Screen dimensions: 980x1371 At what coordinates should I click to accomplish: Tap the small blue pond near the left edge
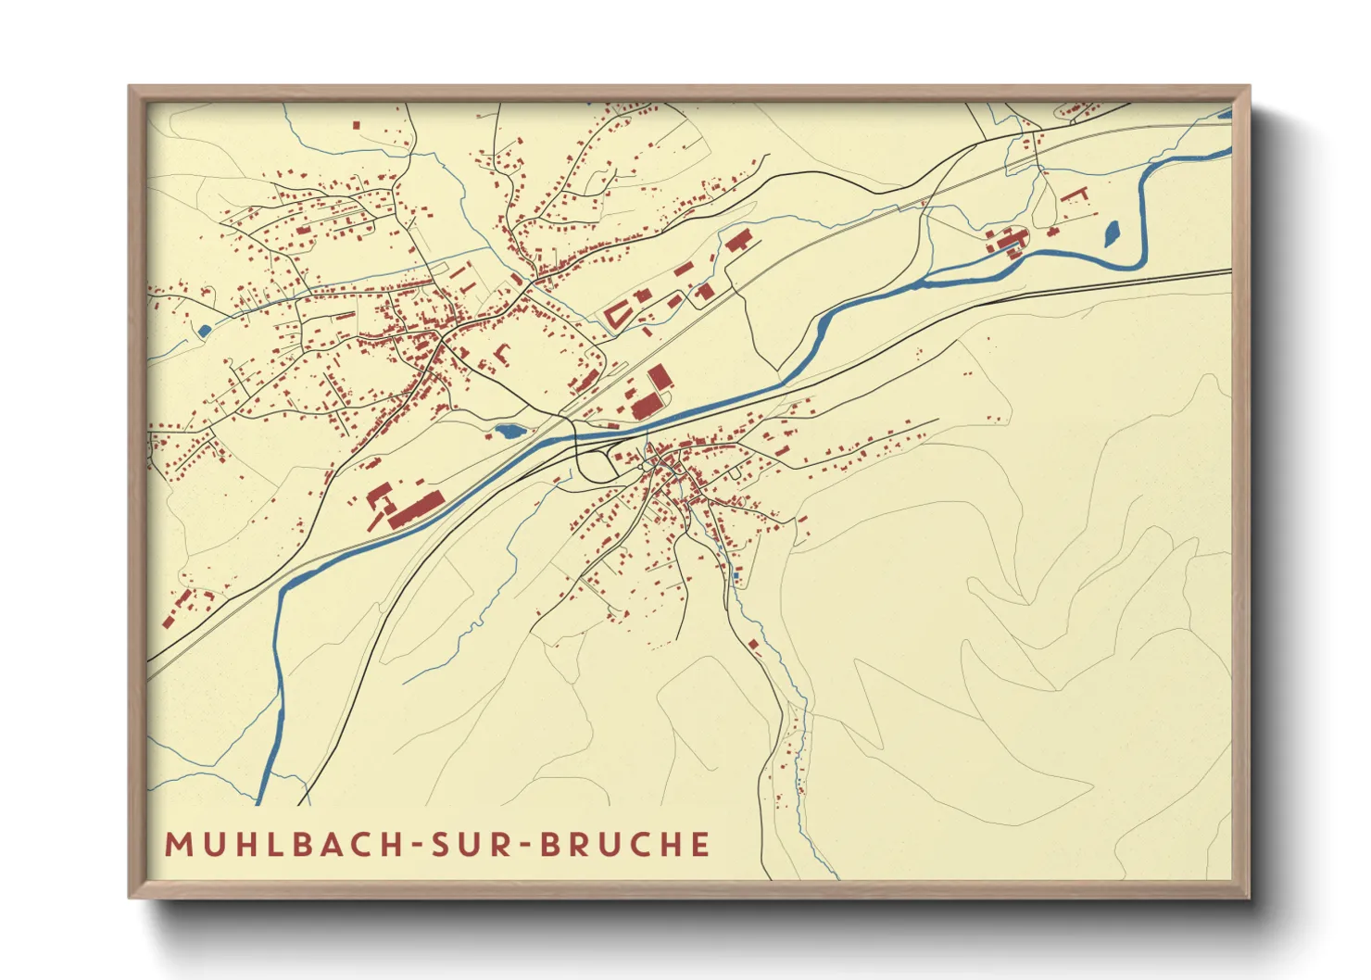coord(204,330)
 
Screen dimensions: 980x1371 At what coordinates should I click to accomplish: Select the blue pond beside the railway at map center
coord(509,431)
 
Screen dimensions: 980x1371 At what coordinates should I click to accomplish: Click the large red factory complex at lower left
coord(412,509)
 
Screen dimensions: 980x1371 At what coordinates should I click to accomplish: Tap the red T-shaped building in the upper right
coord(1076,194)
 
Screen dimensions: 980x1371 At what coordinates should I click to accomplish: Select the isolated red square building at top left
coord(356,124)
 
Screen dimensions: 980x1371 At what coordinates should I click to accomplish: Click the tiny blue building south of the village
coord(736,576)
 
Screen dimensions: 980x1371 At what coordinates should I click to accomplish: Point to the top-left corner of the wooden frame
coord(131,88)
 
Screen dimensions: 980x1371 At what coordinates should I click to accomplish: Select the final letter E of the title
coord(700,844)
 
